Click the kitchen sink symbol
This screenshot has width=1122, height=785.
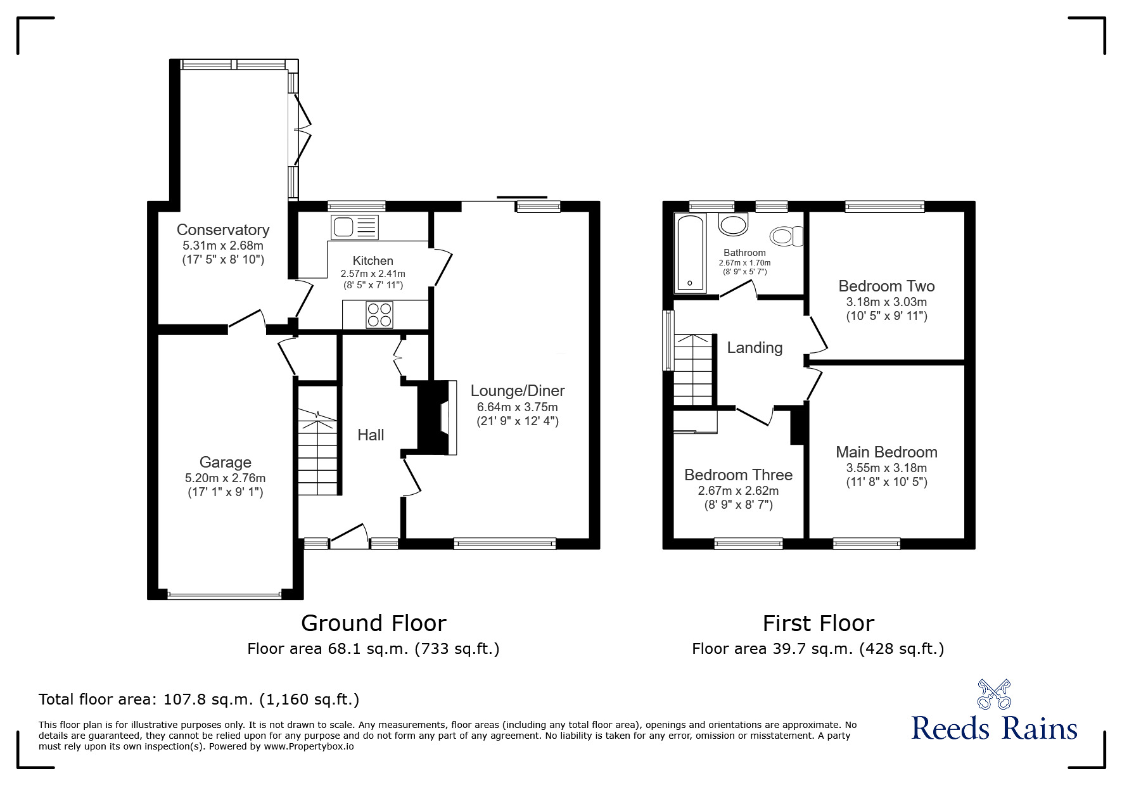354,227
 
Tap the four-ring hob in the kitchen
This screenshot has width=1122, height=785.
379,315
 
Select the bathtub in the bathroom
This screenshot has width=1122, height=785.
690,253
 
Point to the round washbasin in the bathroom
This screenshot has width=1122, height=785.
734,224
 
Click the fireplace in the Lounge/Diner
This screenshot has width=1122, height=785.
438,418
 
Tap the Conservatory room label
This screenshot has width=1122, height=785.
222,229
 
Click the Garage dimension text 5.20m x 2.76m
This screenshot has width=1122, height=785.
225,478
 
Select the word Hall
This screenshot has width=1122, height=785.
371,435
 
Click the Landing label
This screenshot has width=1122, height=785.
754,347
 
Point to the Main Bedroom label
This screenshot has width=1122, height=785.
886,452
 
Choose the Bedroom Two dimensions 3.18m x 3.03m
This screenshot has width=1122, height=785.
886,302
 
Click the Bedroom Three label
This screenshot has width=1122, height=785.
738,475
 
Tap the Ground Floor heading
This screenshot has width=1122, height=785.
373,623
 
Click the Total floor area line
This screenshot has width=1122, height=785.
199,699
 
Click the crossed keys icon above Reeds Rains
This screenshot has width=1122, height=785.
993,694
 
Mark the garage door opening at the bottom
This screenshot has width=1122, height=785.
224,595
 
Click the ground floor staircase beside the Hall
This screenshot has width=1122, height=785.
319,453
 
